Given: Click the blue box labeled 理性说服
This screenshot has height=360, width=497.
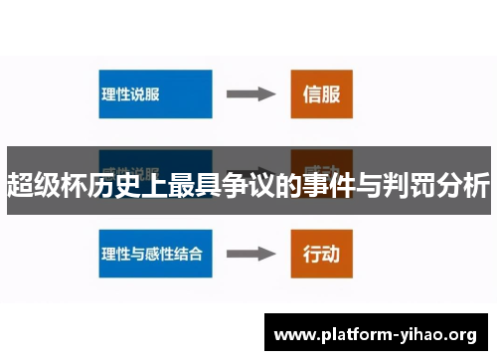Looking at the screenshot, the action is (155, 94).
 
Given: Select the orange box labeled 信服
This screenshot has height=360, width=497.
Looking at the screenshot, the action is (320, 94).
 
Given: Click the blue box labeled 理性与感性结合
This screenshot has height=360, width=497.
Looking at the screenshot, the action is (155, 253).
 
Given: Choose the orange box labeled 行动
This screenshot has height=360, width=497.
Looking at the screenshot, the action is (320, 254).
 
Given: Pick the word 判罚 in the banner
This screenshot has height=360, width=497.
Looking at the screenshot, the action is (410, 185).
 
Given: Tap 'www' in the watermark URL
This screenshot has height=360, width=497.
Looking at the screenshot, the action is (290, 334).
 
